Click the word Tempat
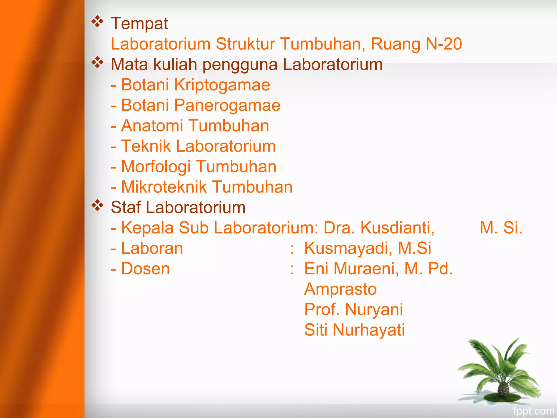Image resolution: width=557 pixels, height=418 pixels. pyautogui.click(x=139, y=24)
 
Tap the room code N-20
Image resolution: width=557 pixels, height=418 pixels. pyautogui.click(x=444, y=44)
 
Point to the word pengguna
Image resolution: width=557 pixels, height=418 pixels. pyautogui.click(x=240, y=65)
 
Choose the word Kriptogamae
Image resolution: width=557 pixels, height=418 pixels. pyautogui.click(x=222, y=85)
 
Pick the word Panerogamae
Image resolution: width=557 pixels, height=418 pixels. pyautogui.click(x=227, y=105)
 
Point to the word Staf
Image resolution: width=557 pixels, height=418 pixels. pyautogui.click(x=126, y=207)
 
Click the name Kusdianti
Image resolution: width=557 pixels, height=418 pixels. pyautogui.click(x=397, y=228)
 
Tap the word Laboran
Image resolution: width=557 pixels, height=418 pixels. pyautogui.click(x=152, y=248)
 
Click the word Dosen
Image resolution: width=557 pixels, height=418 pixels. pyautogui.click(x=145, y=269)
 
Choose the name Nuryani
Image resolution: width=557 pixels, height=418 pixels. pyautogui.click(x=374, y=309)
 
